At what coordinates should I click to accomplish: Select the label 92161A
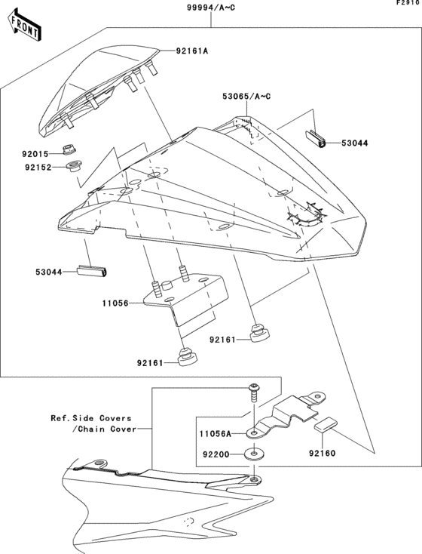pos(191,51)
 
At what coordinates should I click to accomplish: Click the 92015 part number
pos(35,153)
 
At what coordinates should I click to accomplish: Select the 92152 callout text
pos(35,168)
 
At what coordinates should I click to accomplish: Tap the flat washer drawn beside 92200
pos(254,455)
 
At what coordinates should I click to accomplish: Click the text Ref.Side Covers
pos(90,417)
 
